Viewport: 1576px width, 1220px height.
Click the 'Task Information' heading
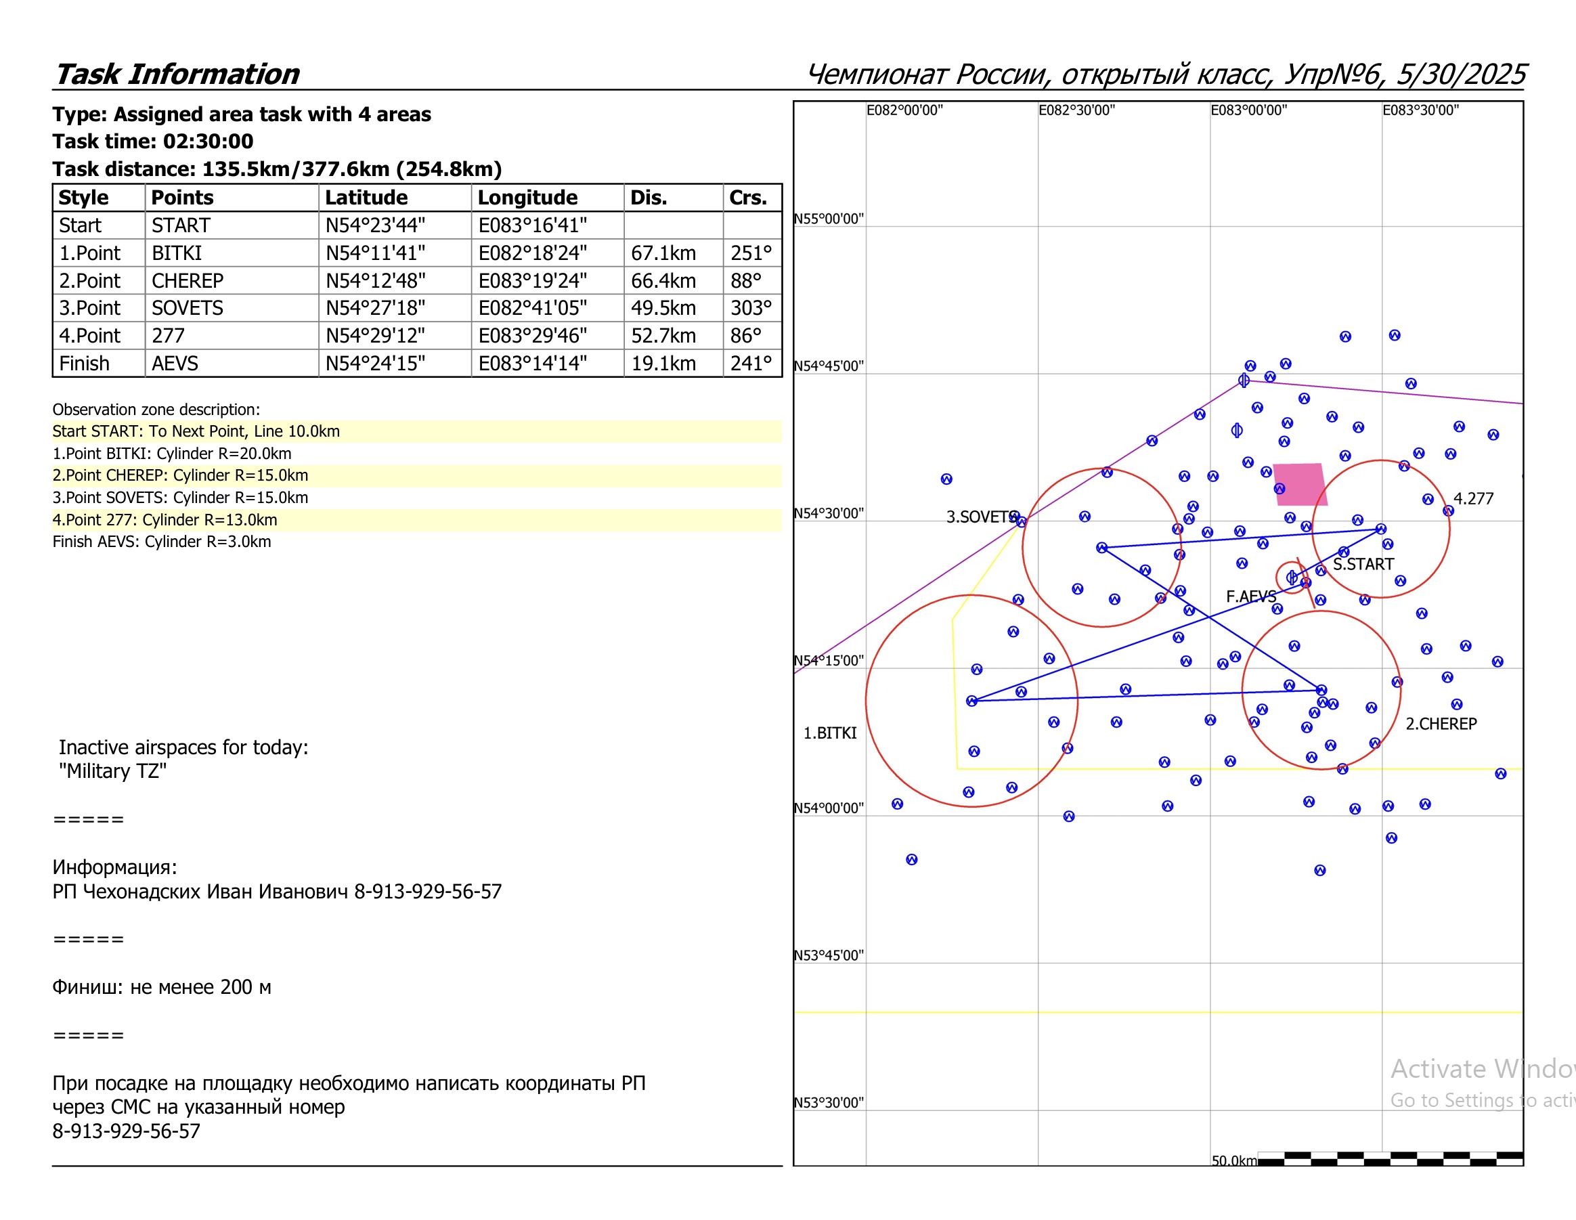(177, 74)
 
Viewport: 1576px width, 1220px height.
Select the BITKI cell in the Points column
(177, 253)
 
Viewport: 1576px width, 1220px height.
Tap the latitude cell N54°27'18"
(375, 308)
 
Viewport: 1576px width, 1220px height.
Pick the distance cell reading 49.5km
(663, 308)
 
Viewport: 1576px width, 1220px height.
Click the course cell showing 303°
(751, 308)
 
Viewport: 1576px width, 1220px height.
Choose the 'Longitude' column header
(527, 198)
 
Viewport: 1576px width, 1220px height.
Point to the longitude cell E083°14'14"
(533, 364)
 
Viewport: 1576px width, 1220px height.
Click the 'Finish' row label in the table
(85, 364)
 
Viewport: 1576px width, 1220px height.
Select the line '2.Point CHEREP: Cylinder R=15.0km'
(180, 475)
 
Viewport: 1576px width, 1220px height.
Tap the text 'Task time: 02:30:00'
(153, 141)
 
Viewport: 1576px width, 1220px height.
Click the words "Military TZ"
(112, 771)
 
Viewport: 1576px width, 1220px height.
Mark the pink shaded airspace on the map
(1300, 484)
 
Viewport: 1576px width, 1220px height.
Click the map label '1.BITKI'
(830, 733)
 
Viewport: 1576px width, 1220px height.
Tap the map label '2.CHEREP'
(1441, 724)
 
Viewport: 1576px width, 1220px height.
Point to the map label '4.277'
(1473, 498)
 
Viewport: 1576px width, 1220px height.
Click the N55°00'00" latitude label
(829, 219)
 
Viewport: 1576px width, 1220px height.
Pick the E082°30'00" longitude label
(1076, 110)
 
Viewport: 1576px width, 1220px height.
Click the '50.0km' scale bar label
(1234, 1161)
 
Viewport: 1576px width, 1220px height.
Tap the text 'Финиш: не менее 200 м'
(162, 987)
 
